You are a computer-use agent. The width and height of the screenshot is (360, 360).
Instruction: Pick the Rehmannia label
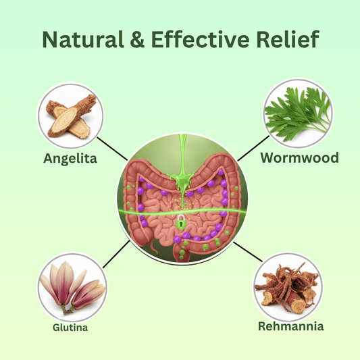(x=290, y=327)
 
